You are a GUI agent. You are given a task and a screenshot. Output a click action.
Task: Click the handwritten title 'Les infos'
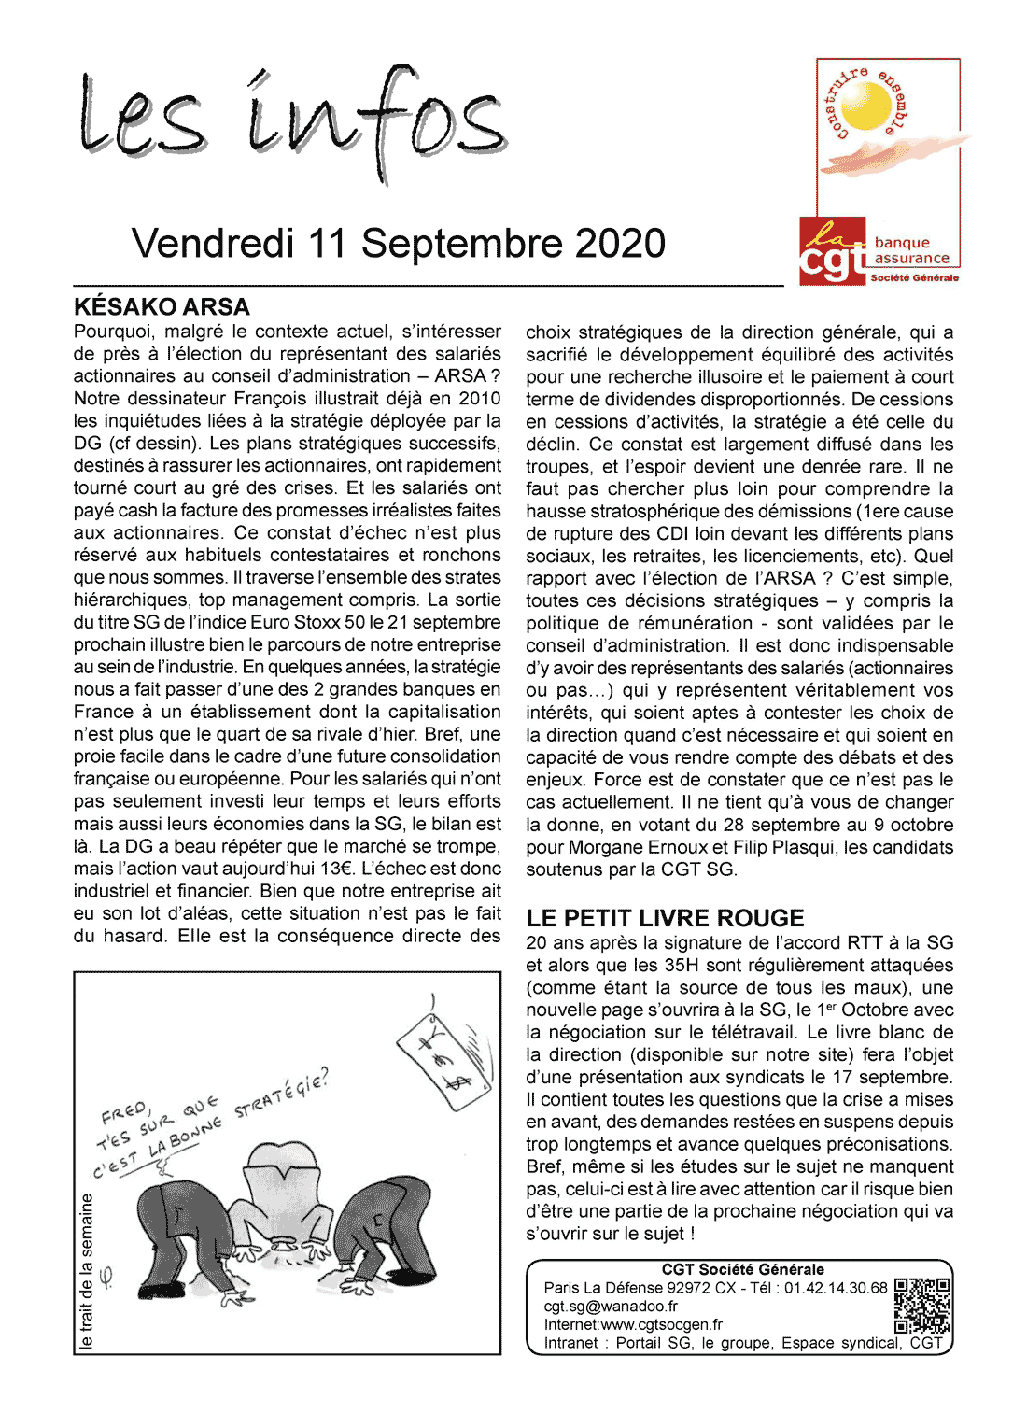(x=291, y=121)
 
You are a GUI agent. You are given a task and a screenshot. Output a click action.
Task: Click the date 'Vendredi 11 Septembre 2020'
(x=399, y=244)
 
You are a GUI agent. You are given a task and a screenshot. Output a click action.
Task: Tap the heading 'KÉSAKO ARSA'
(x=162, y=307)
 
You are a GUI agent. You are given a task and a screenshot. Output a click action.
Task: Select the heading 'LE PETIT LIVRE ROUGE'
(x=665, y=918)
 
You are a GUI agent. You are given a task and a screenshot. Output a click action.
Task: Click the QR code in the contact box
(x=921, y=1306)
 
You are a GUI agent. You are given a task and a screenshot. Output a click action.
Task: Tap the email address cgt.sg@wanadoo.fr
(x=611, y=1307)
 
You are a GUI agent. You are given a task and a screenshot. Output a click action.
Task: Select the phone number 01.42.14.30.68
(x=836, y=1288)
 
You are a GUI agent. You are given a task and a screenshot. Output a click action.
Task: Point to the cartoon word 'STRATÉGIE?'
(x=281, y=1095)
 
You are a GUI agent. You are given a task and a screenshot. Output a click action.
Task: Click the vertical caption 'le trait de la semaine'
(x=87, y=1270)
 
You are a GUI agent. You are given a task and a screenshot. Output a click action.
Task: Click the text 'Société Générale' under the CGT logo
(x=914, y=277)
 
